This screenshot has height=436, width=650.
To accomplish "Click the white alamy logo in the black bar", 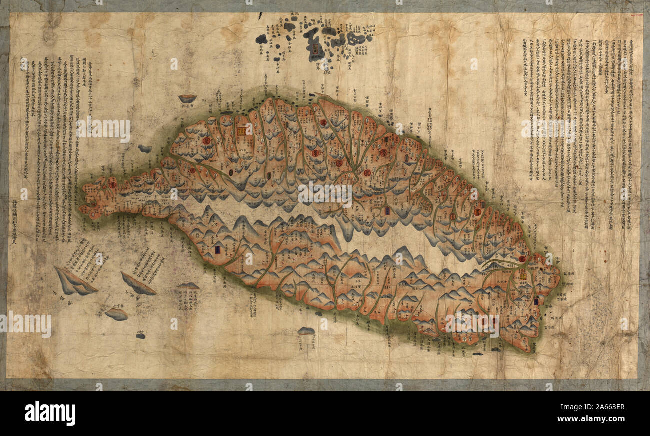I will (x=50, y=413).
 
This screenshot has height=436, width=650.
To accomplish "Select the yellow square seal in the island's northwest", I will (x=241, y=131).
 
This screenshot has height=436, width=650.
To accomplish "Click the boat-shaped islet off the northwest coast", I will (x=187, y=98).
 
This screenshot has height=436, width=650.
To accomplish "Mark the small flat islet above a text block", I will (x=188, y=286).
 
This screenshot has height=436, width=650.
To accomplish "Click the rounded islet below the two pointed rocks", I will (x=116, y=314).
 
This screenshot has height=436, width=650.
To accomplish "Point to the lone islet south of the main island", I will (x=306, y=331).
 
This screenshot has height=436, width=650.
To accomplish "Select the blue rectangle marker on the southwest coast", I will (x=217, y=249).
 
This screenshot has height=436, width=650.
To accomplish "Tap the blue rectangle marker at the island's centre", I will (x=387, y=210).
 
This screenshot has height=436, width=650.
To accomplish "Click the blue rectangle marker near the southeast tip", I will (x=536, y=301).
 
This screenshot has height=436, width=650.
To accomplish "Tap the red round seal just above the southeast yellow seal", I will (x=522, y=259).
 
